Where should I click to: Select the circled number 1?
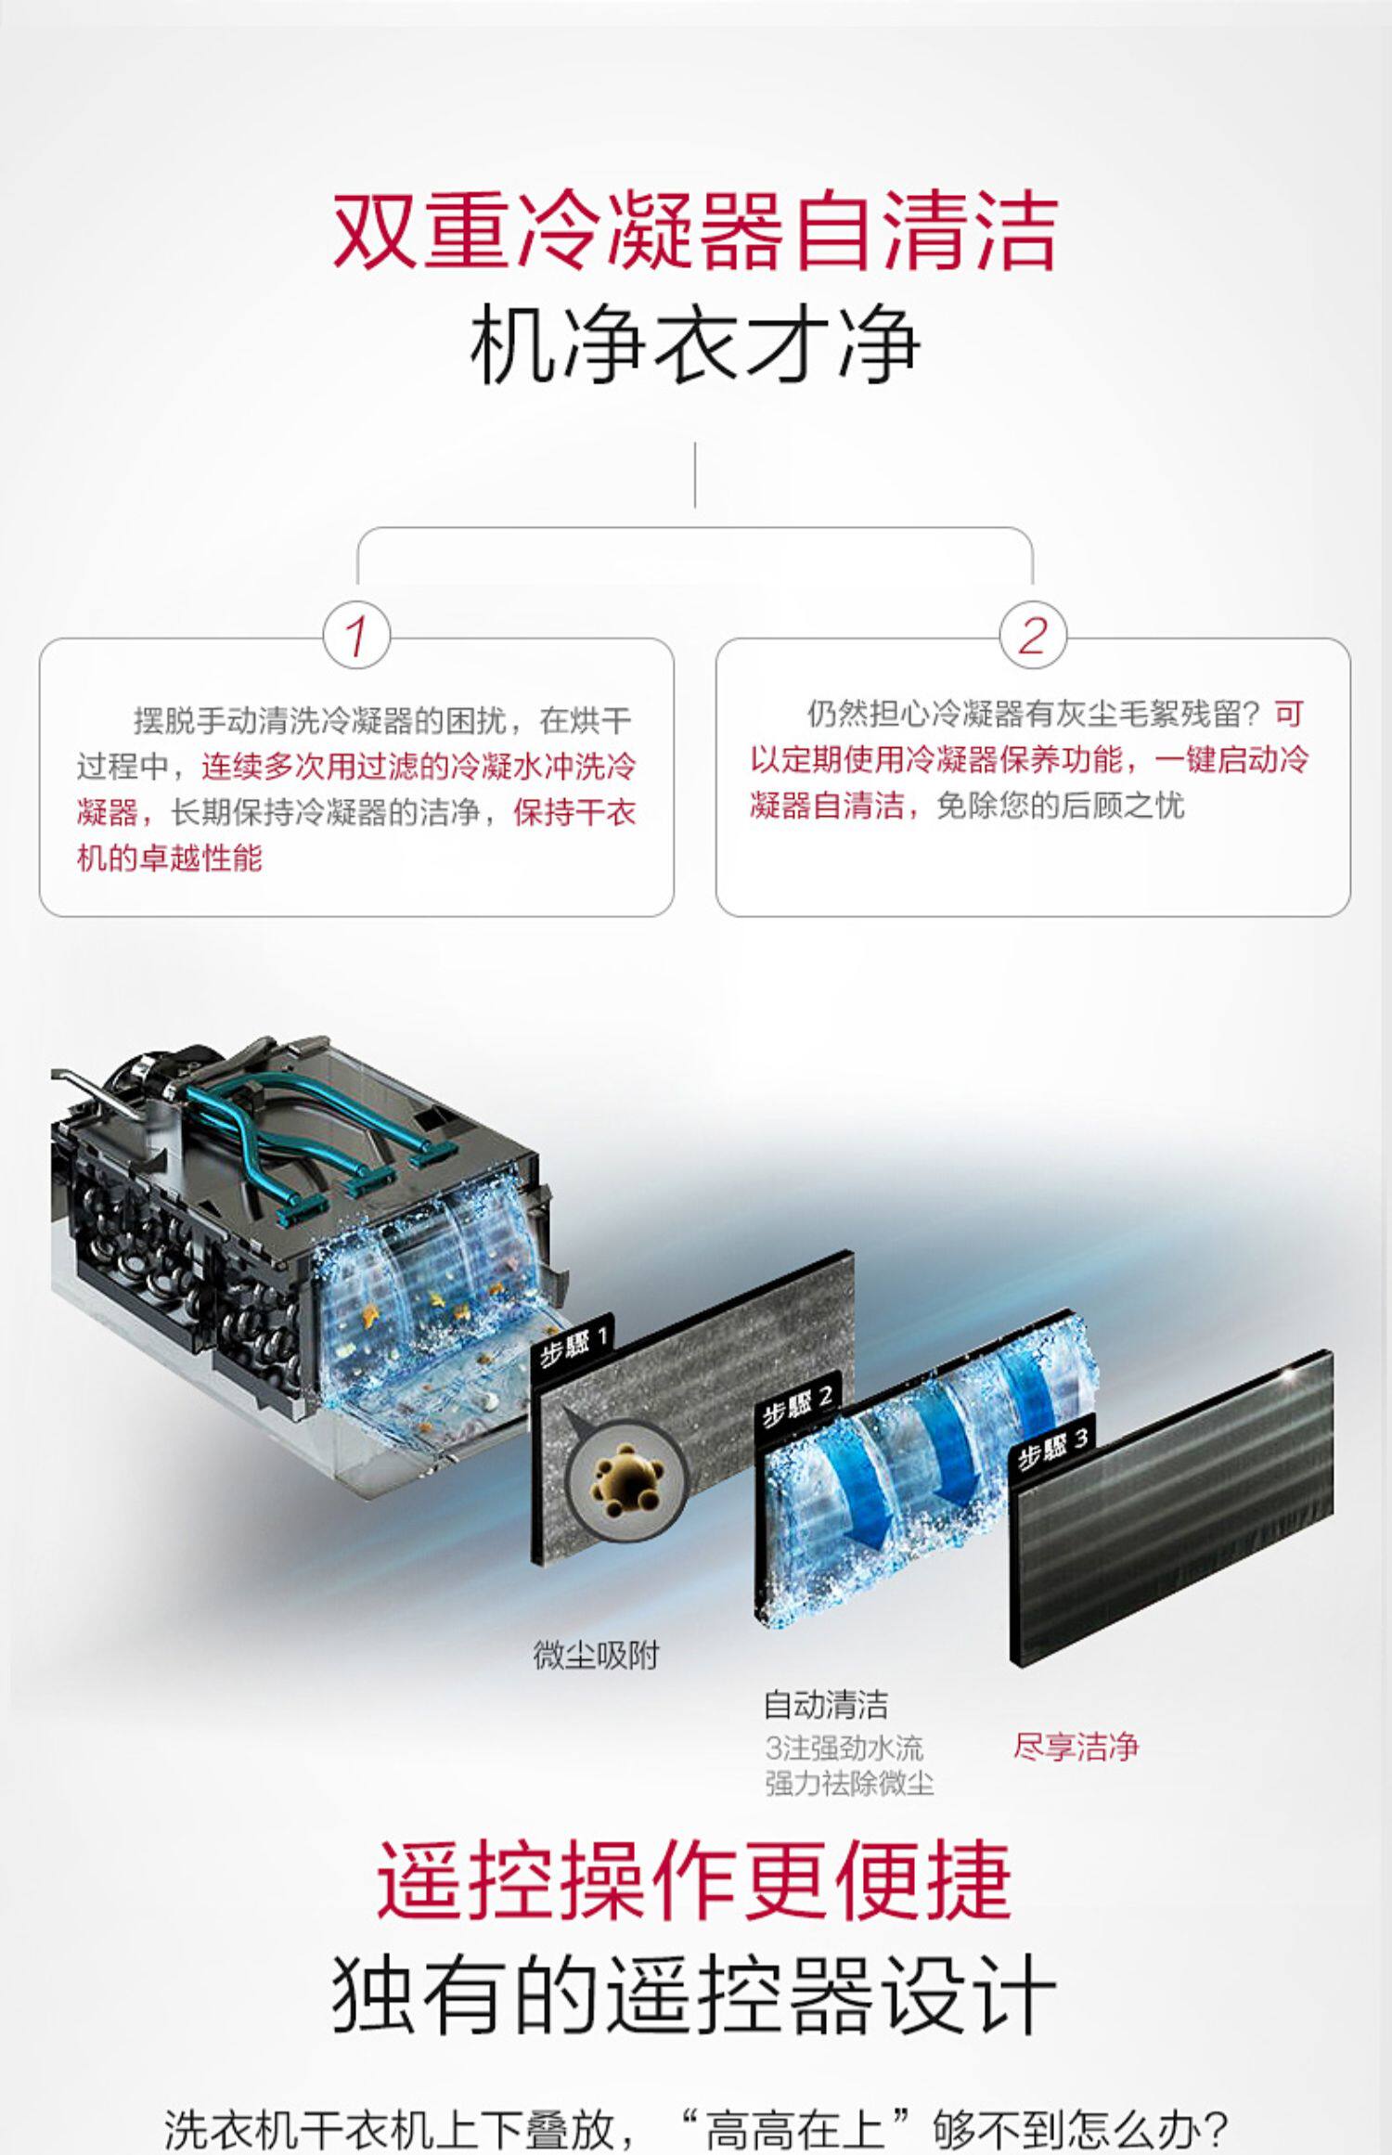[x=356, y=637]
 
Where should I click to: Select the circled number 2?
[x=1032, y=637]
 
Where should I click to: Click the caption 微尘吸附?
[x=596, y=1654]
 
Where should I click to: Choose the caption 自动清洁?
[x=826, y=1705]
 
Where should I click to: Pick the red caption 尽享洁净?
[x=1076, y=1747]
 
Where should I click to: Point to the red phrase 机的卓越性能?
[x=170, y=858]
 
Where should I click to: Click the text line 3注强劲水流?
[x=844, y=1749]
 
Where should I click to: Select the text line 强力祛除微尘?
[x=849, y=1783]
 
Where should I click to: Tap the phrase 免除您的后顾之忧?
[x=1060, y=805]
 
